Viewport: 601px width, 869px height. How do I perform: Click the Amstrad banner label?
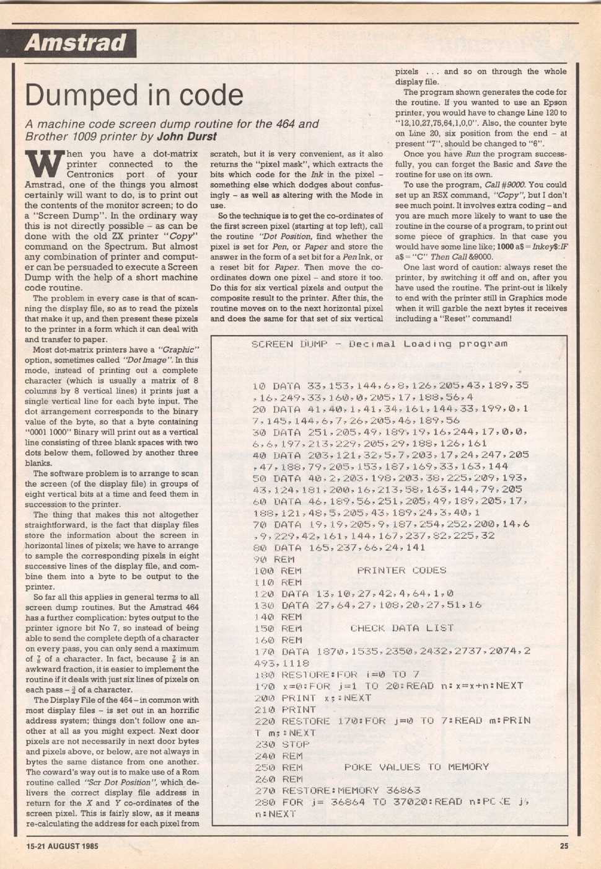75,43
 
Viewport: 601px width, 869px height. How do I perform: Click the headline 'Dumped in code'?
134,95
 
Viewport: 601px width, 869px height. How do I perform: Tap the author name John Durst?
186,136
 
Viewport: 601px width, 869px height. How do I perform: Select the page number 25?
563,845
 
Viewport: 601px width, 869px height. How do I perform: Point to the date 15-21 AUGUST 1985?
62,845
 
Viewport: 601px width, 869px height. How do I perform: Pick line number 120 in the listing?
264,594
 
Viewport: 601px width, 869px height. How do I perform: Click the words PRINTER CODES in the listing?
401,571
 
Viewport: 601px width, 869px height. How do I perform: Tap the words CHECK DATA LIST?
403,628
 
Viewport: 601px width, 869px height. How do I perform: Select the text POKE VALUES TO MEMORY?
416,767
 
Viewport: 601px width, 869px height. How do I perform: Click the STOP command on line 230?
296,744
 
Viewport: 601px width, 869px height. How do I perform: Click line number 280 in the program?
264,802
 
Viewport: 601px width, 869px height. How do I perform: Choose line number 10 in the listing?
259,386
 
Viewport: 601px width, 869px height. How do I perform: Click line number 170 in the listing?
264,652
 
